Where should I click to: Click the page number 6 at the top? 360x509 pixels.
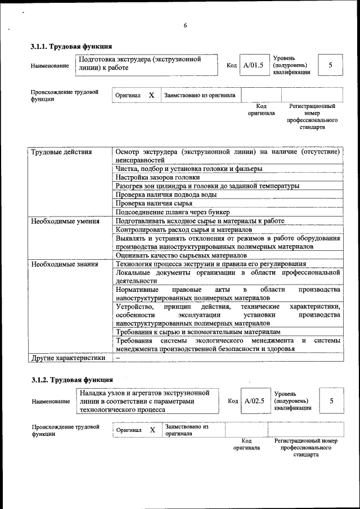coord(185,25)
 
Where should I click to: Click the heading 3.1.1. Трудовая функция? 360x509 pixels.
coord(71,46)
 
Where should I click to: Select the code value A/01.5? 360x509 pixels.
coord(253,65)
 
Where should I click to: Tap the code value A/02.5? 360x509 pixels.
coord(254,401)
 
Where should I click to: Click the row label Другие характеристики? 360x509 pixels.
coord(68,357)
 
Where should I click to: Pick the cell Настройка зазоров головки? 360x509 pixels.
coord(157,177)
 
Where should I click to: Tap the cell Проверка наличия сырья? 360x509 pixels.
coord(154,203)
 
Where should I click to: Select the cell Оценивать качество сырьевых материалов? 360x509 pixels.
coord(181,255)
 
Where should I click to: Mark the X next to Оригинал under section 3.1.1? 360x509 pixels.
coord(151,96)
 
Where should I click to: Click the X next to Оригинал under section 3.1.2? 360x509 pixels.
coord(152,430)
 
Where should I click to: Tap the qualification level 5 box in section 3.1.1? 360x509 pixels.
coord(330,65)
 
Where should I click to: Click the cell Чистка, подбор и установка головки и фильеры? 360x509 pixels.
coord(189,169)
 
